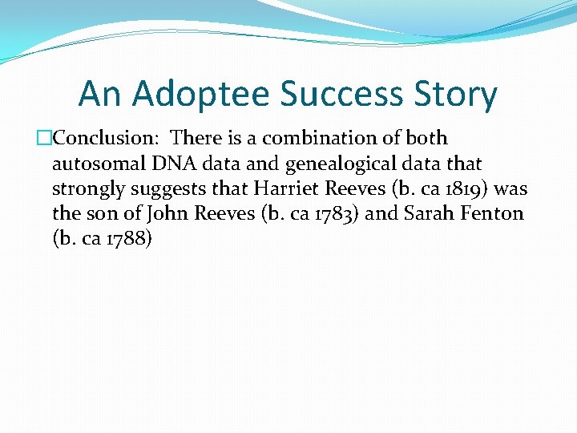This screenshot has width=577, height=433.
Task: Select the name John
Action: [166, 213]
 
